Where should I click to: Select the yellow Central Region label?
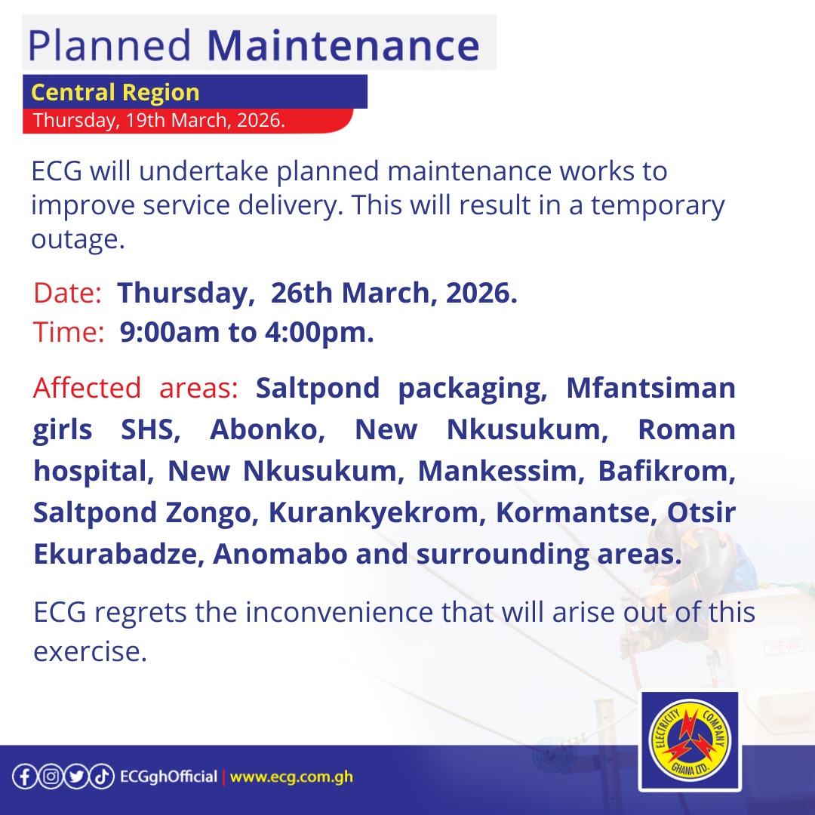[115, 93]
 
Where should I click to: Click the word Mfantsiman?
[650, 389]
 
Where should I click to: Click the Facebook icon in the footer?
[24, 777]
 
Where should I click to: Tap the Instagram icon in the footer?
[50, 777]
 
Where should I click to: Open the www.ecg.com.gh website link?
[291, 777]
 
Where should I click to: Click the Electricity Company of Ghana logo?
[689, 741]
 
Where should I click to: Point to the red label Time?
[69, 333]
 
